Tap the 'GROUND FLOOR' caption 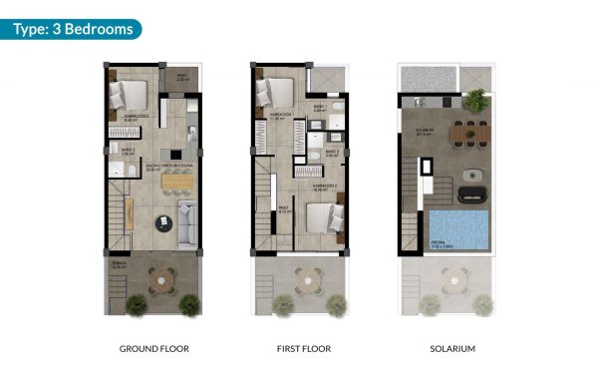pyautogui.click(x=153, y=349)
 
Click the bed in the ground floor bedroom pyautogui.click(x=131, y=96)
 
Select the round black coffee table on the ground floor pyautogui.click(x=160, y=221)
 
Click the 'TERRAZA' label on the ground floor pyautogui.click(x=120, y=265)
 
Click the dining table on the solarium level pyautogui.click(x=462, y=132)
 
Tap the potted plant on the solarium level pyautogui.click(x=477, y=100)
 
